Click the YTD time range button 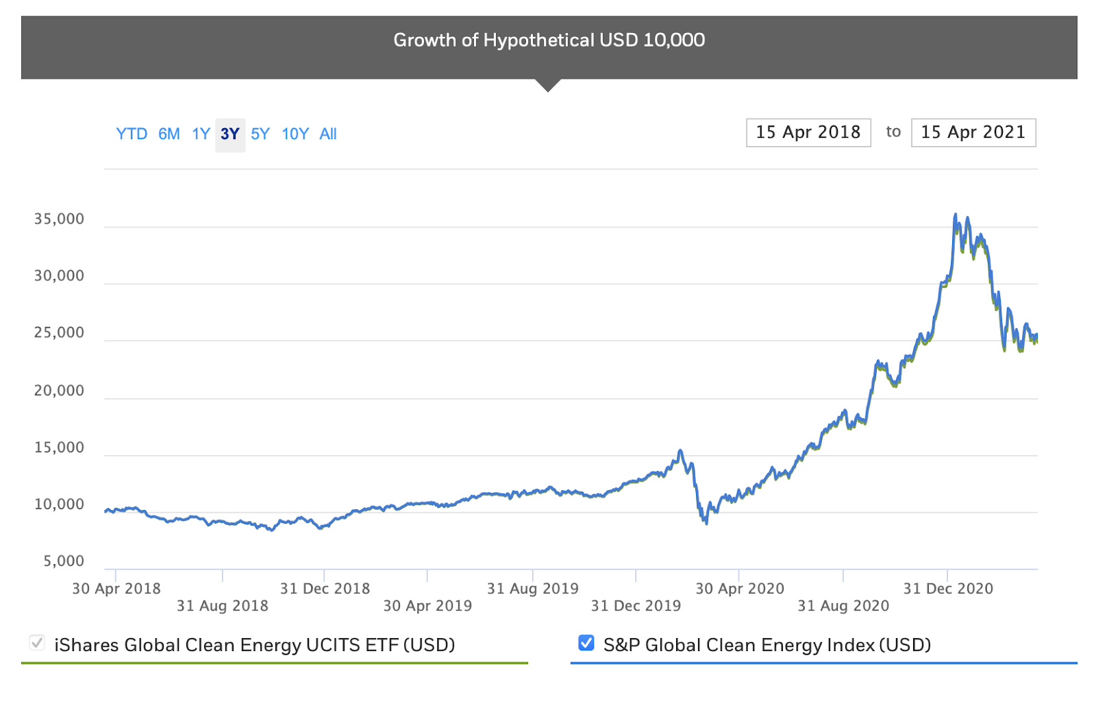click(132, 134)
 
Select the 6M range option click(169, 134)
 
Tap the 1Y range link click(201, 134)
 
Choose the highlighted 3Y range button click(230, 134)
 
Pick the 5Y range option click(260, 134)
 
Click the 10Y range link click(295, 134)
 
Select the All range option click(328, 134)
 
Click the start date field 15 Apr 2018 click(808, 132)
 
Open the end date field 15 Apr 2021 click(973, 132)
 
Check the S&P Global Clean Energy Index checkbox click(586, 643)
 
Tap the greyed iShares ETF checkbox click(37, 643)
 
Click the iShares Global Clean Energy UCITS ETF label click(255, 645)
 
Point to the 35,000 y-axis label click(60, 219)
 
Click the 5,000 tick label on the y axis click(64, 561)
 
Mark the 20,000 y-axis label click(60, 391)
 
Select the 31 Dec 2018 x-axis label click(325, 589)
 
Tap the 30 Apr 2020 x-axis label click(740, 589)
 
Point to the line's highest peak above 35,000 click(956, 215)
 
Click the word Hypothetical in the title click(539, 40)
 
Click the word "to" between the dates click(893, 132)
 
